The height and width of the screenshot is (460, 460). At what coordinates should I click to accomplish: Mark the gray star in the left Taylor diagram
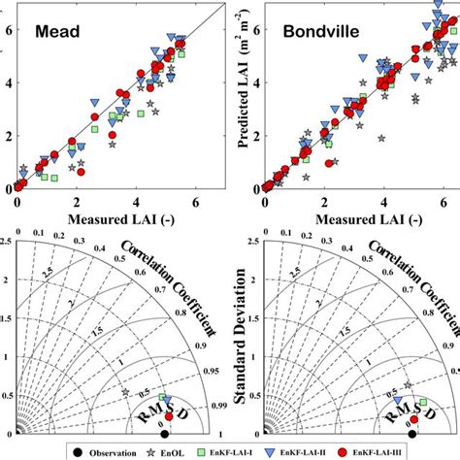click(x=126, y=392)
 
